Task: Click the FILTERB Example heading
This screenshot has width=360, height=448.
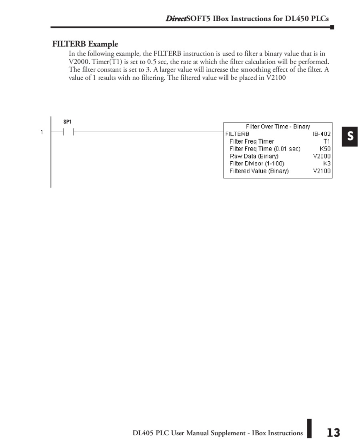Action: point(85,44)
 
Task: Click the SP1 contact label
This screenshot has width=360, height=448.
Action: point(68,122)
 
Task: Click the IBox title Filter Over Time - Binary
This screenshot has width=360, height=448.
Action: point(278,127)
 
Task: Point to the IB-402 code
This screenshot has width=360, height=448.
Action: point(322,134)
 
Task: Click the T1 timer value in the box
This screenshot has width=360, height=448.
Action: point(327,141)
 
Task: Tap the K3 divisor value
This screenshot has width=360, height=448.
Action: point(327,163)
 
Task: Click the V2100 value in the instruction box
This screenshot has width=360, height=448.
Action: point(322,171)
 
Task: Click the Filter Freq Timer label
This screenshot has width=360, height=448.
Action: point(252,141)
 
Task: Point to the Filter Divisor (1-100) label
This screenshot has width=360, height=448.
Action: point(257,163)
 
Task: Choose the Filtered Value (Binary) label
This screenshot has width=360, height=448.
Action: point(259,171)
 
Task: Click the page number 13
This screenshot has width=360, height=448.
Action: point(333,433)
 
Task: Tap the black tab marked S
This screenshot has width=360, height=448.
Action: point(350,137)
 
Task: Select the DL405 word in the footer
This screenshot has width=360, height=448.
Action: point(143,433)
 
